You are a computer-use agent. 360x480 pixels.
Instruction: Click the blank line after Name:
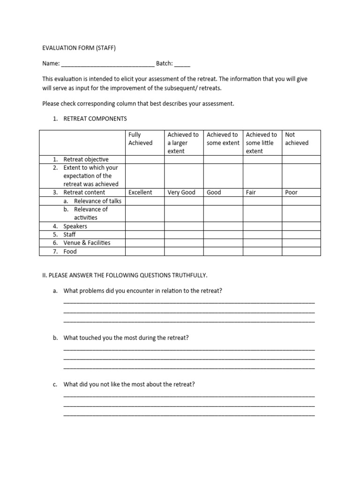pos(108,64)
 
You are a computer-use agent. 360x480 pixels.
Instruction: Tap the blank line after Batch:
pos(183,64)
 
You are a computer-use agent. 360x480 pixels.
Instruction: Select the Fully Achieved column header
pos(141,139)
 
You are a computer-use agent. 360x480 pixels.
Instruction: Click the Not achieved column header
pos(297,139)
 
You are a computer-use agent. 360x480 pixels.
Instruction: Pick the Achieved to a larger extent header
pos(183,142)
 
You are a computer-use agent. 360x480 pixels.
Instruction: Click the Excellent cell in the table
pos(140,193)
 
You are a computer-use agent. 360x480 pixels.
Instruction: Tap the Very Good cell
pos(181,193)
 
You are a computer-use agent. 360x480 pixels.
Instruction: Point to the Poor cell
pos(291,193)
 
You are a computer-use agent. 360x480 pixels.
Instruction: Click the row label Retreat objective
pos(86,159)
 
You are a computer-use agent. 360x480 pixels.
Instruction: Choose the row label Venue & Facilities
pos(87,243)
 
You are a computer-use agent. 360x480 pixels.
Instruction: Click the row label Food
pos(70,251)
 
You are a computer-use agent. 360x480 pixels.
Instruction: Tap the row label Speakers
pos(75,226)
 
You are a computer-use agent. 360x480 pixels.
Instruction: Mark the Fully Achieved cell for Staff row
pos(144,234)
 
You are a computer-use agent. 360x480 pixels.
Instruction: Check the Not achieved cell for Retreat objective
pos(301,159)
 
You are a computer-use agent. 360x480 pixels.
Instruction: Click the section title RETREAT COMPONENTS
pos(95,119)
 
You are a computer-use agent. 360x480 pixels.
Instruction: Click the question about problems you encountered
pos(142,291)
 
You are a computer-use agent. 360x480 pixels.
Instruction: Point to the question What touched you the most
pos(126,338)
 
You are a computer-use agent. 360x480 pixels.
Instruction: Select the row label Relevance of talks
pos(97,201)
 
